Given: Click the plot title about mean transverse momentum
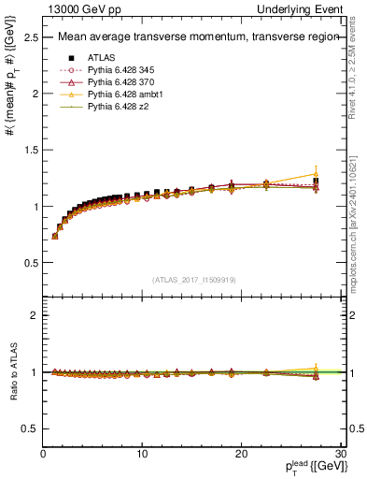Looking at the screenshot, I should (181, 37).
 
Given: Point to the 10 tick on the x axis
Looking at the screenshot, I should (142, 453).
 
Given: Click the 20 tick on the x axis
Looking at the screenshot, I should (241, 453).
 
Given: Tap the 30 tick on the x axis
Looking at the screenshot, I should (340, 453).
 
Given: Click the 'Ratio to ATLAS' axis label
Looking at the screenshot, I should (12, 371).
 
